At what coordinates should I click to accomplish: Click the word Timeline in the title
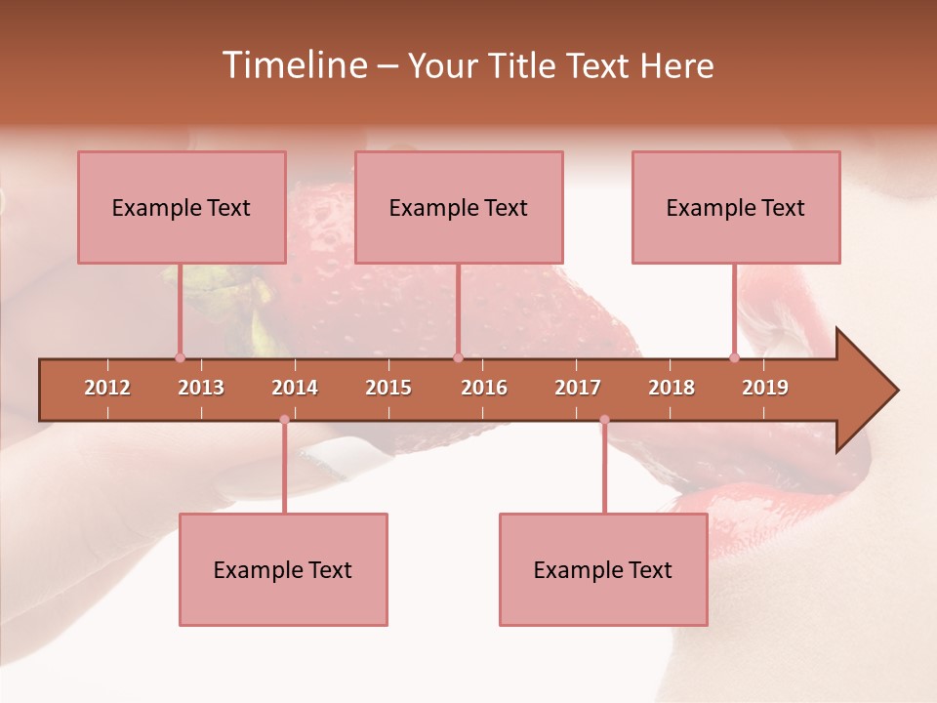(x=293, y=65)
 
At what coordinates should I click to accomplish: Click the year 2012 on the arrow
(x=107, y=388)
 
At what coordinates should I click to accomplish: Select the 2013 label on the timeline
(x=201, y=388)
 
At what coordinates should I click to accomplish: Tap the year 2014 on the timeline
(x=295, y=388)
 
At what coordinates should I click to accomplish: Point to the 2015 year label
(x=388, y=388)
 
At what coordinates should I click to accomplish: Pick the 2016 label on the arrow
(x=484, y=388)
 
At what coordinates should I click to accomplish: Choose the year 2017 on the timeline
(x=578, y=388)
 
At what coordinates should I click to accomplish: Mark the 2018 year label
(x=672, y=388)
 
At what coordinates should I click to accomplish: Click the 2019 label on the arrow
(x=765, y=388)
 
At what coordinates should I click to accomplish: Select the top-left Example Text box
(x=182, y=208)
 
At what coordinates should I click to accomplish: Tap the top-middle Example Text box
(x=459, y=208)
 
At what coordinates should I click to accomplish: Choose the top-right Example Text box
(x=736, y=208)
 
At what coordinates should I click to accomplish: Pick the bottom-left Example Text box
(x=283, y=570)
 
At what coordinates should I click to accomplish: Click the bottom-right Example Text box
(x=603, y=570)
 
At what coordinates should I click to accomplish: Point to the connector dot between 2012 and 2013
(x=180, y=357)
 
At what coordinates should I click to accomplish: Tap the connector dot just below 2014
(x=284, y=420)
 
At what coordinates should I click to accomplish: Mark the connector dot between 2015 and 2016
(x=458, y=357)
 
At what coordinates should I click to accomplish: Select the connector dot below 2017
(x=604, y=420)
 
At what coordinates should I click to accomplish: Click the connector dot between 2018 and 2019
(x=734, y=357)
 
